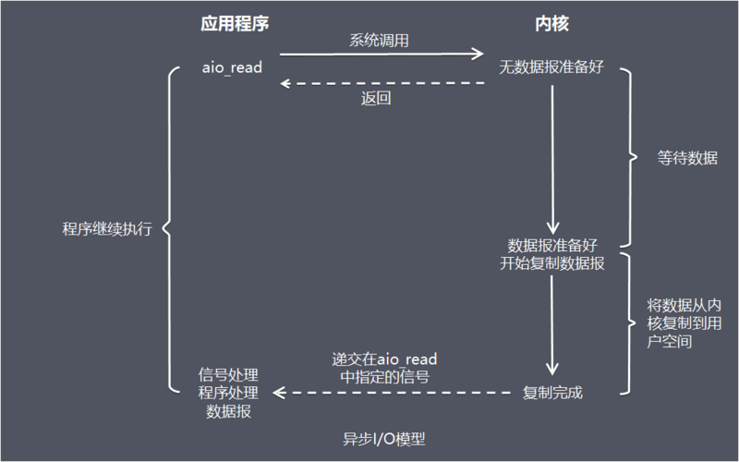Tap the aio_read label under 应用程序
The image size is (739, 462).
pyautogui.click(x=232, y=68)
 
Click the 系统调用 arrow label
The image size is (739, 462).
pyautogui.click(x=379, y=41)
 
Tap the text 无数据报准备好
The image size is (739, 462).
pyautogui.click(x=551, y=68)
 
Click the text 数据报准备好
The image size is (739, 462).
pyautogui.click(x=551, y=245)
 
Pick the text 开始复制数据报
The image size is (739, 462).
pyautogui.click(x=551, y=263)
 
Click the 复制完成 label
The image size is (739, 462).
pyautogui.click(x=552, y=393)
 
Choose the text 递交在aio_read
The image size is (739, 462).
pyautogui.click(x=384, y=359)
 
